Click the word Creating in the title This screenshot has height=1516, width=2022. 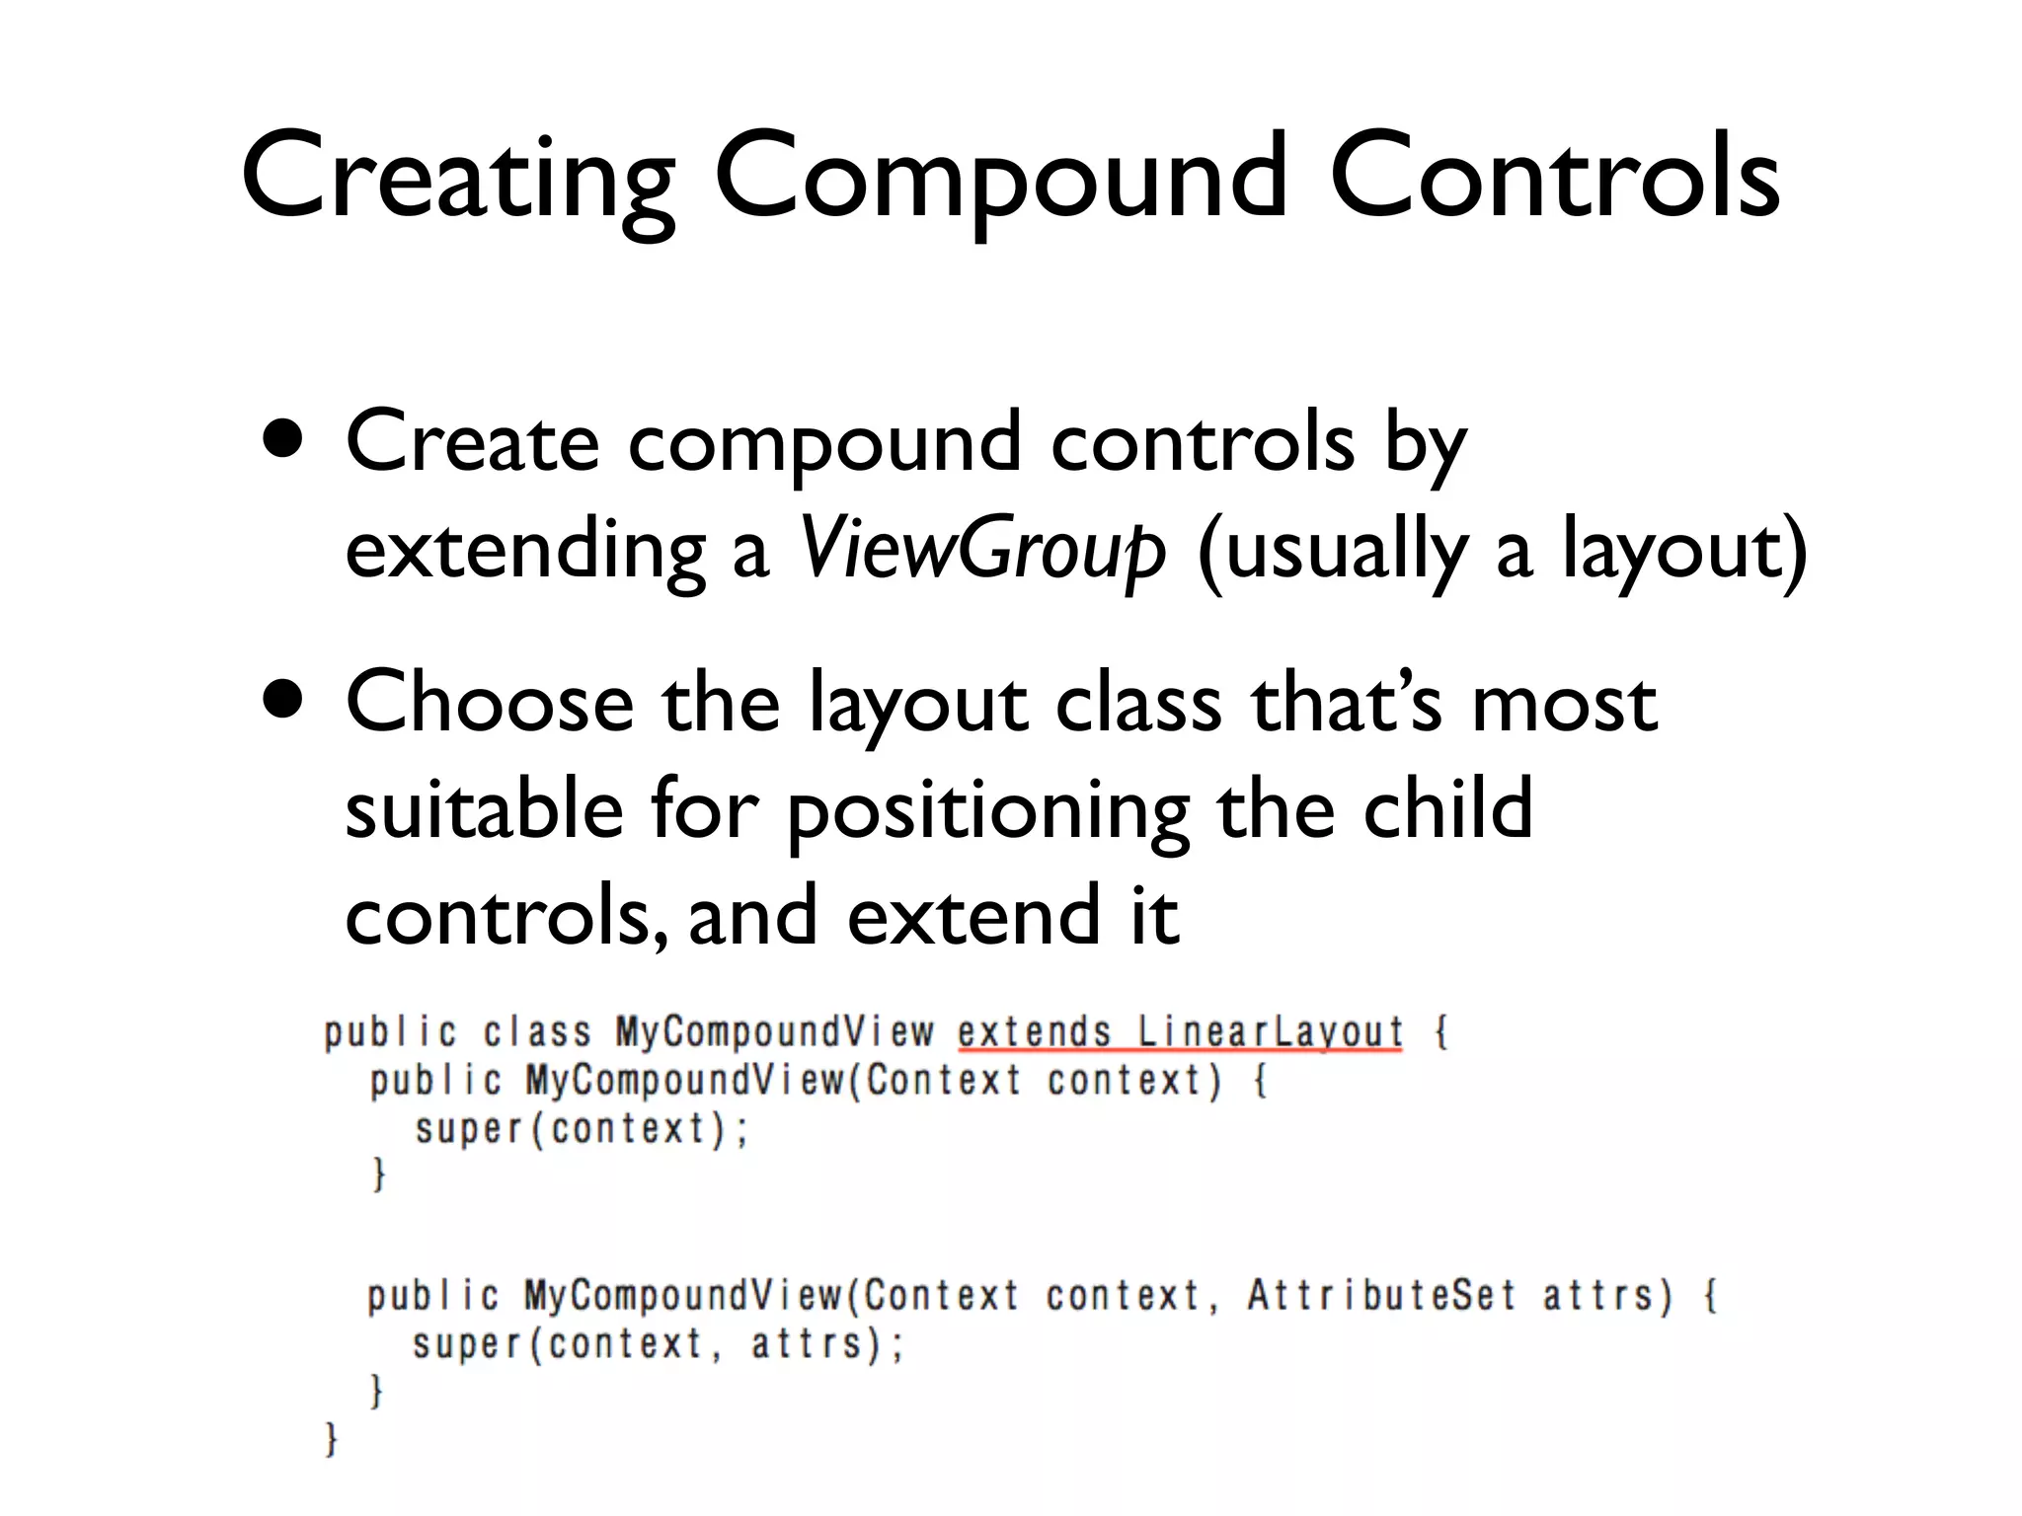(x=458, y=178)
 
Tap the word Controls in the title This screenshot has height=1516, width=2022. (x=1554, y=178)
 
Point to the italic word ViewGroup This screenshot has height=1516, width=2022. (x=981, y=549)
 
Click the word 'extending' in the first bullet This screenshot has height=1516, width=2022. (x=525, y=549)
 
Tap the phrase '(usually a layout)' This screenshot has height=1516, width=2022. (x=1501, y=549)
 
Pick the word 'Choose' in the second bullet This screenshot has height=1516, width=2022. (x=490, y=703)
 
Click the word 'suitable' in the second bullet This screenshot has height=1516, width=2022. (x=484, y=809)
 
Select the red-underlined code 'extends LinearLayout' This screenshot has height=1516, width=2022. (x=1180, y=1033)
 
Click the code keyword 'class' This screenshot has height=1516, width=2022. (x=537, y=1033)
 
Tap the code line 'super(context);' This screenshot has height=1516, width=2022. (x=582, y=1129)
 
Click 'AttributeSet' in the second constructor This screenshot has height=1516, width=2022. (x=1380, y=1295)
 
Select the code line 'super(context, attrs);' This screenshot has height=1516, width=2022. (x=658, y=1344)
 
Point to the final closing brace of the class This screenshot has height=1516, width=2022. (x=332, y=1439)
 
